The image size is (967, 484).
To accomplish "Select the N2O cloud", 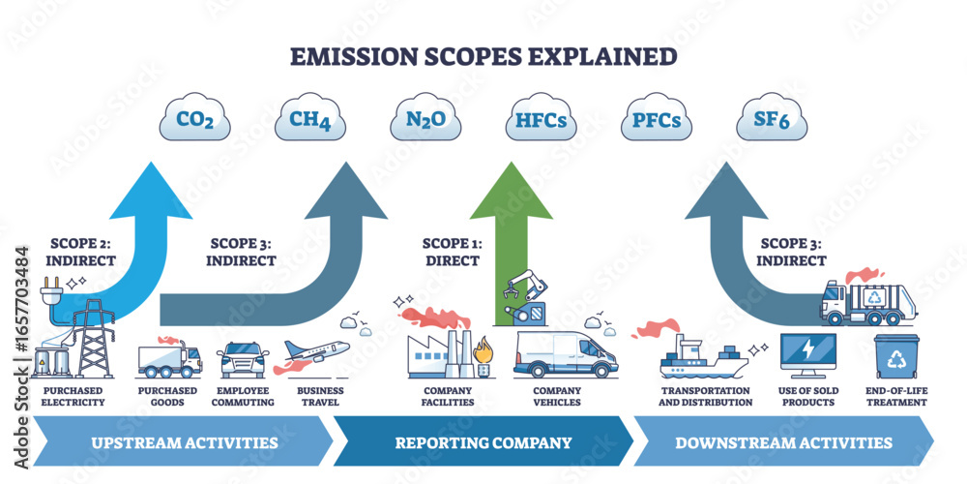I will tap(426, 122).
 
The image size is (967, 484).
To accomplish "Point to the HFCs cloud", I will tap(542, 122).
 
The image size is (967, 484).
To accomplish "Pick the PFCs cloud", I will tap(657, 122).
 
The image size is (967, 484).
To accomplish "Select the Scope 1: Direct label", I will tap(451, 253).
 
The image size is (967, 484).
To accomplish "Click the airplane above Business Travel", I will tap(315, 354).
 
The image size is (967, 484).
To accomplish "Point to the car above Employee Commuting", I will tap(242, 359).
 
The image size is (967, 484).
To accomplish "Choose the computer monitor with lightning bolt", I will tap(806, 356).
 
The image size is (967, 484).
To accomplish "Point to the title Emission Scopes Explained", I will tap(483, 56).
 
